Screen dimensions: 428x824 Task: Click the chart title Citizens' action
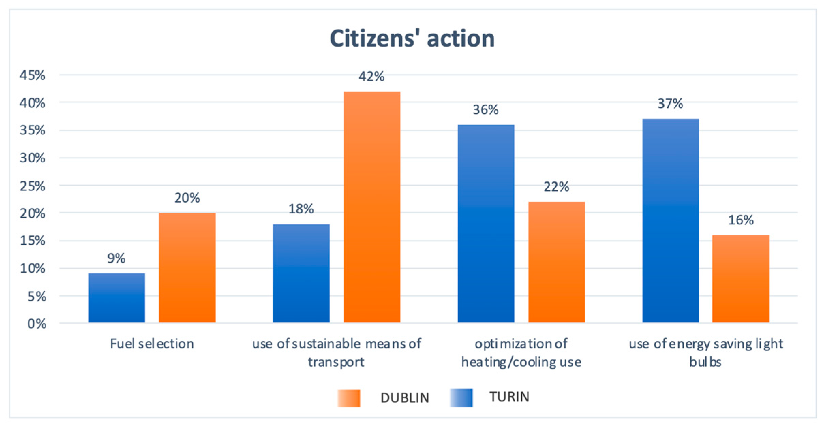[412, 38]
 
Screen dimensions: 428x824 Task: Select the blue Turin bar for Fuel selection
[117, 298]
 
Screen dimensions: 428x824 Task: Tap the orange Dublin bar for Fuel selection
[187, 268]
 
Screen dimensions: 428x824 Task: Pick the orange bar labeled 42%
[372, 207]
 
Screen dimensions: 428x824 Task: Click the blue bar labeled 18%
[301, 273]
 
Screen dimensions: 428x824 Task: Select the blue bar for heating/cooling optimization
[486, 223]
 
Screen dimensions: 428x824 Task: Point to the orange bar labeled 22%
[556, 262]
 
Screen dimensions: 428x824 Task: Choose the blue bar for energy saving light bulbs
[670, 221]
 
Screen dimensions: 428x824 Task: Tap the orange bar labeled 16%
[741, 279]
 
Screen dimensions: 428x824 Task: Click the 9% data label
[116, 258]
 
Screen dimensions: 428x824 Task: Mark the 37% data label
[670, 104]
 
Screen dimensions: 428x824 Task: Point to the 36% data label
[485, 110]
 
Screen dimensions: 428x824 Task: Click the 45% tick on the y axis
[32, 75]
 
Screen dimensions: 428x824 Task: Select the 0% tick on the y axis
[36, 323]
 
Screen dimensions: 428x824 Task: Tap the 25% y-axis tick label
[32, 186]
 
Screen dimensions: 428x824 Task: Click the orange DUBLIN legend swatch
[349, 398]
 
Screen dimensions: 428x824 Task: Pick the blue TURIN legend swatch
[461, 397]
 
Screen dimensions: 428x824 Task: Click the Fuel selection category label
[152, 344]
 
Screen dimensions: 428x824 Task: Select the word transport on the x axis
[336, 362]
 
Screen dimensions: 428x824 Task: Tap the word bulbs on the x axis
[705, 362]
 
